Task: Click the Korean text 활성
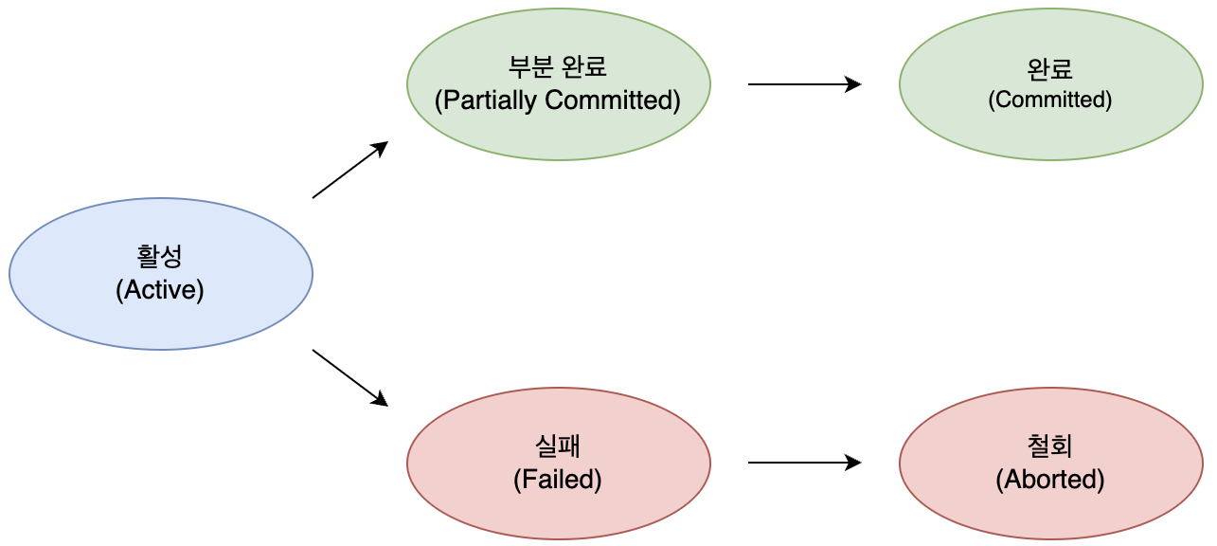pyautogui.click(x=160, y=257)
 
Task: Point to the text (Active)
pyautogui.click(x=160, y=290)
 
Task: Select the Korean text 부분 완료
pyautogui.click(x=558, y=67)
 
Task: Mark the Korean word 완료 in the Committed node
pyautogui.click(x=1049, y=69)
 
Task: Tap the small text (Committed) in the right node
pyautogui.click(x=1049, y=100)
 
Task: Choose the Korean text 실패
pyautogui.click(x=558, y=446)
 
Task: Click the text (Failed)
pyautogui.click(x=558, y=480)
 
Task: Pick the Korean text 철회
pyautogui.click(x=1049, y=446)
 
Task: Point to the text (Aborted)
pyautogui.click(x=1049, y=480)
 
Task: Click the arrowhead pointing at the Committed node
pyautogui.click(x=854, y=84)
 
